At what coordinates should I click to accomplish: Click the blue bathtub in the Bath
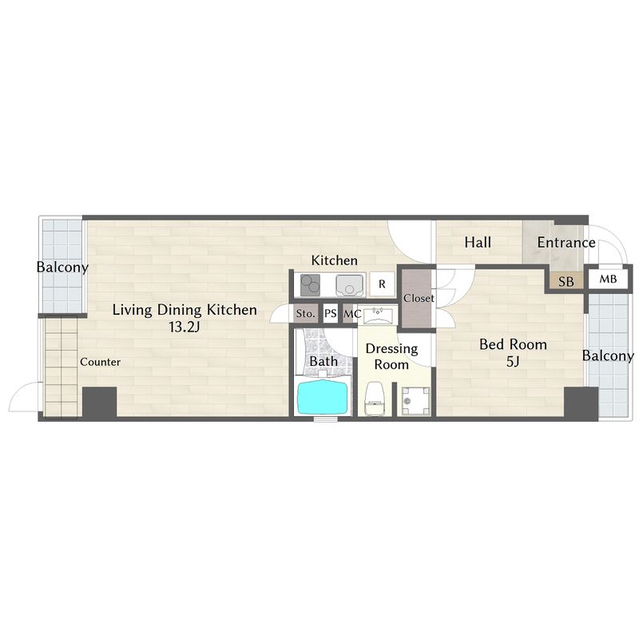click(324, 397)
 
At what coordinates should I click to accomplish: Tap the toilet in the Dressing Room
click(375, 399)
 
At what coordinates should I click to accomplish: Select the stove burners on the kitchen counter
click(310, 285)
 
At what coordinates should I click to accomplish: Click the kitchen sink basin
click(350, 285)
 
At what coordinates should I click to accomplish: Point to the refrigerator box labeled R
click(382, 284)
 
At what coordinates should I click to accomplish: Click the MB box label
click(608, 279)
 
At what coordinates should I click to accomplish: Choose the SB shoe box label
click(566, 282)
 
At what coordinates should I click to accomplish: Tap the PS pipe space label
click(331, 313)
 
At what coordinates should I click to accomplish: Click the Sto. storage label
click(305, 313)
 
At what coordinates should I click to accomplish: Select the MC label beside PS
click(352, 314)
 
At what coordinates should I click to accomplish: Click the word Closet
click(419, 298)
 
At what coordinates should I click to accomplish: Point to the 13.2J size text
click(185, 327)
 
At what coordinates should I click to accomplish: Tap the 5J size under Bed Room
click(513, 361)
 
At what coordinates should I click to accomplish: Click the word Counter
click(101, 362)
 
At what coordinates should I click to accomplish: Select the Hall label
click(478, 243)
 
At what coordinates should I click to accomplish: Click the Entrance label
click(566, 243)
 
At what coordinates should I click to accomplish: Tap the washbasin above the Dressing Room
click(378, 316)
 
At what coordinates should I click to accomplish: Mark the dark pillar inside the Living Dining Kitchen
click(99, 402)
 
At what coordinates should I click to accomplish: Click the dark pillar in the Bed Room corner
click(581, 402)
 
